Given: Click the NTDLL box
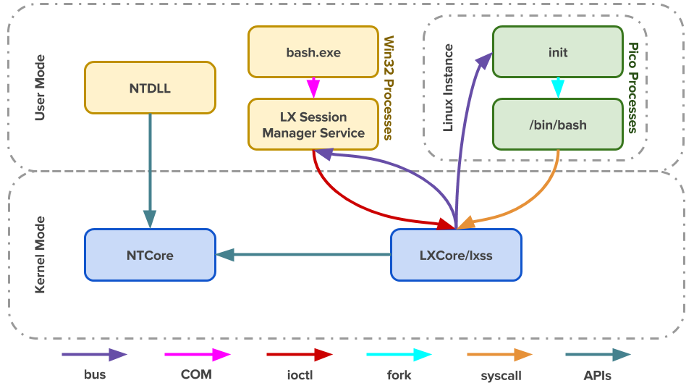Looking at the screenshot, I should pyautogui.click(x=150, y=88).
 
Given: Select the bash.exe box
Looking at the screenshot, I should pyautogui.click(x=313, y=52).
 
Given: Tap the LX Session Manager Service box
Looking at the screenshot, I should pyautogui.click(x=313, y=125).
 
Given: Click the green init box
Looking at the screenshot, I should pyautogui.click(x=557, y=52).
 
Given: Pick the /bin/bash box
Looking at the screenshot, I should pyautogui.click(x=557, y=125).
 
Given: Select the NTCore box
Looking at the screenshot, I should pyautogui.click(x=150, y=255).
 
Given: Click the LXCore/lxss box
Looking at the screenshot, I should pyautogui.click(x=456, y=255).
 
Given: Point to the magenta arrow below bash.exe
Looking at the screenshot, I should pyautogui.click(x=313, y=88).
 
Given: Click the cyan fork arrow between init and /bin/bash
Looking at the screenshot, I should pyautogui.click(x=557, y=88).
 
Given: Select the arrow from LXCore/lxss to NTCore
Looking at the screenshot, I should pyautogui.click(x=304, y=254).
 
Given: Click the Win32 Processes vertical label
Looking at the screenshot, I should pyautogui.click(x=388, y=88).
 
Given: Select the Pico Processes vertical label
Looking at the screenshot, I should pyautogui.click(x=632, y=88).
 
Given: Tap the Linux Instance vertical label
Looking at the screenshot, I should pyautogui.click(x=448, y=88).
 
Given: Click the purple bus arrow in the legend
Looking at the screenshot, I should pyautogui.click(x=94, y=355).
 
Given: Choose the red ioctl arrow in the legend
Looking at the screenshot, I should pyautogui.click(x=299, y=355).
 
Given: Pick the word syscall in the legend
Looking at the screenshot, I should pyautogui.click(x=501, y=376).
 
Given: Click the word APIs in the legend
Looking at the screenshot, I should pyautogui.click(x=598, y=375).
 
